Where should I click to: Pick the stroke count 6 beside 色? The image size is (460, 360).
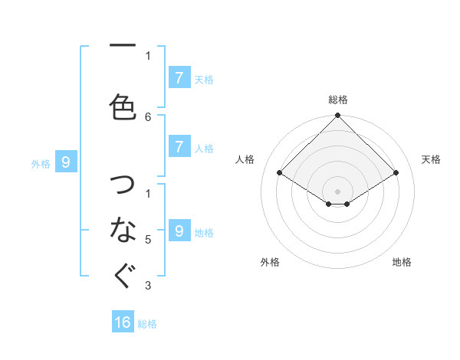click(x=148, y=116)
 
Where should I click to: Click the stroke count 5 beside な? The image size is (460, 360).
click(x=148, y=240)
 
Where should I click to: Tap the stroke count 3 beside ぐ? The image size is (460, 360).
click(x=148, y=286)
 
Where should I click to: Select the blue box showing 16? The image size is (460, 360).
click(x=123, y=322)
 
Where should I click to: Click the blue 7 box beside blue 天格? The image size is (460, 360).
click(x=179, y=77)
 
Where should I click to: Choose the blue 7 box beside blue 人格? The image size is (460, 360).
click(x=179, y=147)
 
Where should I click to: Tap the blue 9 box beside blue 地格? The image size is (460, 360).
click(x=179, y=231)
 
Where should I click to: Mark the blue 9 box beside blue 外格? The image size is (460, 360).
click(x=66, y=162)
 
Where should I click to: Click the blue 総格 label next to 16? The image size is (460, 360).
click(x=147, y=324)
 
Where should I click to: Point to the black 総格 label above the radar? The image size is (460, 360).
click(x=337, y=100)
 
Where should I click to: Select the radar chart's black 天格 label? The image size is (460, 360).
click(x=431, y=159)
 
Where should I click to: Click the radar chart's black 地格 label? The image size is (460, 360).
click(x=402, y=262)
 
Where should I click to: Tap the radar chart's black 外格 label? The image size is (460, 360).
click(x=270, y=262)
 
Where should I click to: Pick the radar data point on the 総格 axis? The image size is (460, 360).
click(x=337, y=116)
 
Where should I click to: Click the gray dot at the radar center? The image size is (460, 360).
click(x=337, y=191)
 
